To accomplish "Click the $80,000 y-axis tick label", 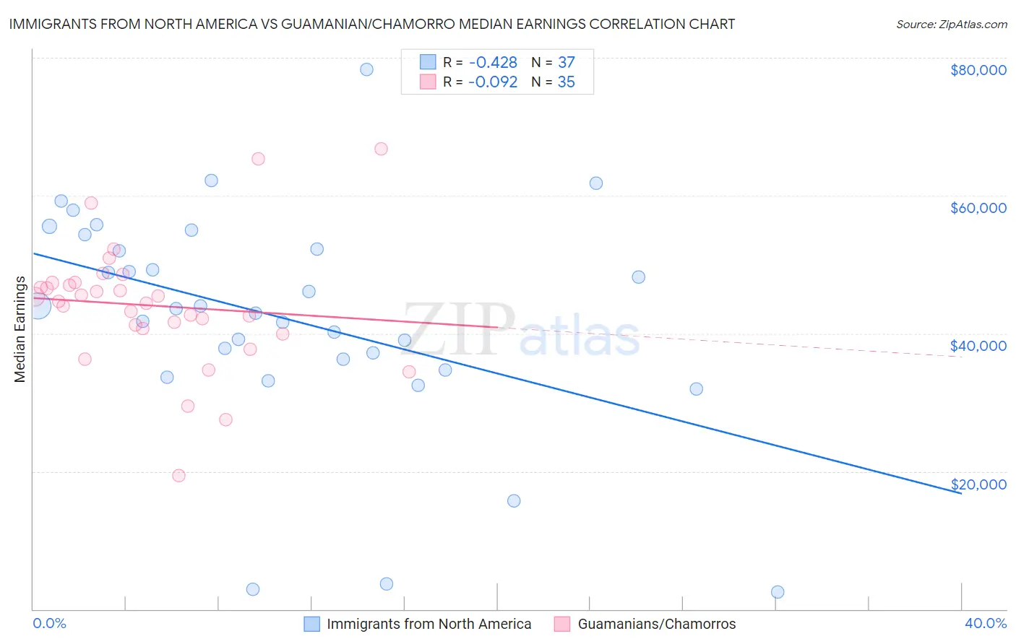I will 978,70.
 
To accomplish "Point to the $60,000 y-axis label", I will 978,208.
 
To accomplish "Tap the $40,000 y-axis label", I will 978,346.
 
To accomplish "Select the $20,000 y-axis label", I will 978,484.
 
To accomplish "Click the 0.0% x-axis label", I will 49,623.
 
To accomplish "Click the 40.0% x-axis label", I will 985,623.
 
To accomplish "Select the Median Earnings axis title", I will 20,329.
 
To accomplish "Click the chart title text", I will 371,24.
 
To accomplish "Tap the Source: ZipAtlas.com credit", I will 951,24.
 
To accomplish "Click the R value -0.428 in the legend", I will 492,63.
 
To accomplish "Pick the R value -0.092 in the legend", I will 492,82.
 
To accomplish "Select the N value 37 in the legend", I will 566,63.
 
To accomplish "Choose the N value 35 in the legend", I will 566,82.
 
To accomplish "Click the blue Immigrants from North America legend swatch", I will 311,624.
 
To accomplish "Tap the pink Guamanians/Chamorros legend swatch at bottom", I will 562,624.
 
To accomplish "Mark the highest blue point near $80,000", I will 366,69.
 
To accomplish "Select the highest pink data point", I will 381,149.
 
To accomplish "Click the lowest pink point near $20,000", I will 178,475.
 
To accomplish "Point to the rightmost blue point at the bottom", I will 778,592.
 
